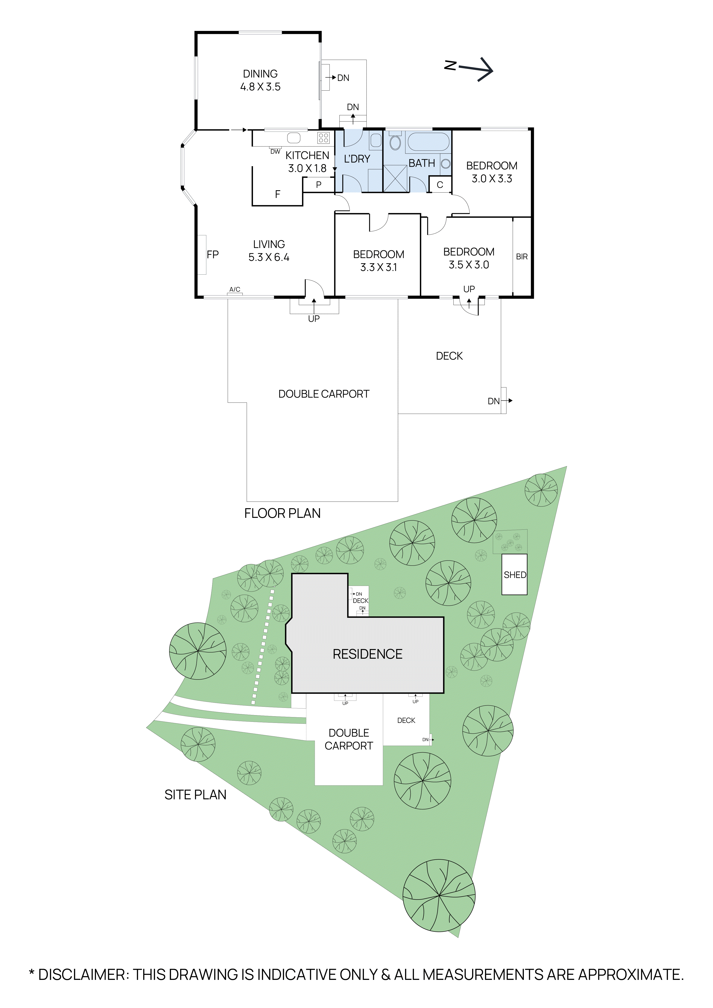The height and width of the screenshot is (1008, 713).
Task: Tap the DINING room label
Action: tap(260, 74)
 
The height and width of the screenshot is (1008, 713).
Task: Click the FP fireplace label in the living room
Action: tap(213, 255)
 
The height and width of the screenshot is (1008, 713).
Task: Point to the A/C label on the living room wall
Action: tap(235, 289)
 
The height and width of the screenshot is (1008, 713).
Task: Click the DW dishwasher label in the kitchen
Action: tap(275, 151)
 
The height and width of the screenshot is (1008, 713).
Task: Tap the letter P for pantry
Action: tap(319, 185)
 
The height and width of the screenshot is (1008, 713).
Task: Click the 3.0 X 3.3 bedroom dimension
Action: tap(492, 179)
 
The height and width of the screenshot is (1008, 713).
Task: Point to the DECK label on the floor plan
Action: tap(449, 356)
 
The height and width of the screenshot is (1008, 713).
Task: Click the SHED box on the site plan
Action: tap(515, 575)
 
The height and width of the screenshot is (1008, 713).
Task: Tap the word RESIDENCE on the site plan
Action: tap(368, 654)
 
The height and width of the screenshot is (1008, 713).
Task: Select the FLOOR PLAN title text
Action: tap(282, 513)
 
